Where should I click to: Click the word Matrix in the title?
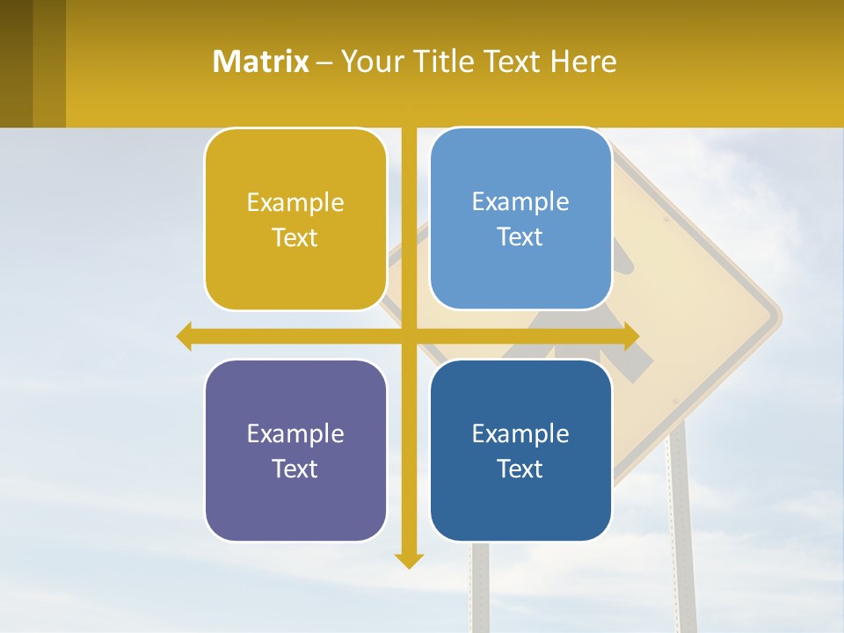coord(260,62)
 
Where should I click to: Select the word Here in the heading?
coord(584,62)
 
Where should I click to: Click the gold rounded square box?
coord(295,220)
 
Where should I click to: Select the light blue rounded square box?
coord(520,219)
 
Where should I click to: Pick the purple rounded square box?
coord(295,450)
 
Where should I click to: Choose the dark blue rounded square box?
coord(520,450)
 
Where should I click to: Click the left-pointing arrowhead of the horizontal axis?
coord(184,336)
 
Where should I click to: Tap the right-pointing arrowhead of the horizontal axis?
coord(631,336)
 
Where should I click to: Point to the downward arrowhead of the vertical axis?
coord(409,560)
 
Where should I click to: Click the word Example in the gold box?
coord(295,203)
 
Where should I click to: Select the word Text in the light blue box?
coord(520,236)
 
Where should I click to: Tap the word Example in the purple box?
coord(295,433)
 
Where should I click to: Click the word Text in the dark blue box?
coord(520,469)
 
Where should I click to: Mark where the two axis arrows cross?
coord(409,336)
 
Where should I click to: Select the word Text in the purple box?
coord(295,469)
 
